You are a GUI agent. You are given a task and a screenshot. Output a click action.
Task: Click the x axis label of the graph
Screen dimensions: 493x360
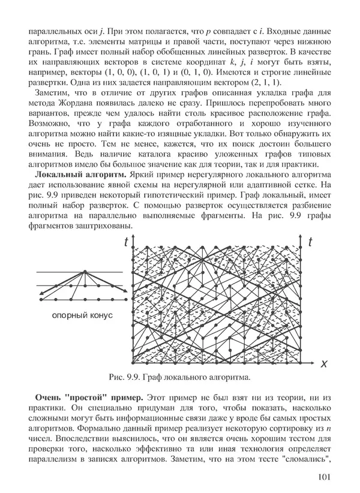pyautogui.click(x=323, y=363)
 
